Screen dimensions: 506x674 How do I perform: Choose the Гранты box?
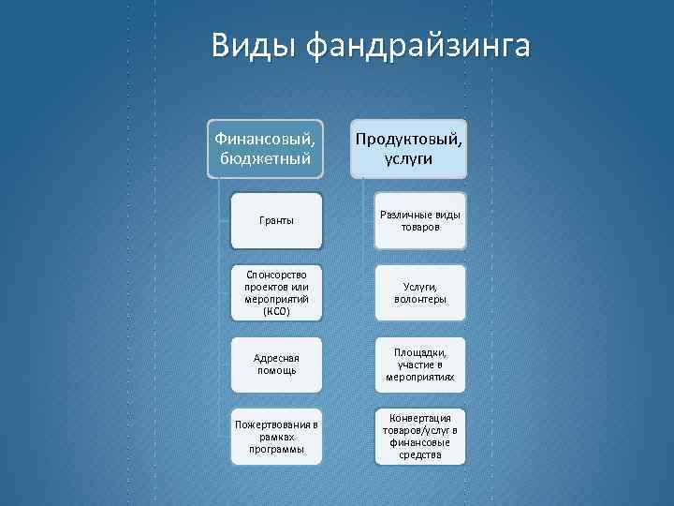(x=276, y=220)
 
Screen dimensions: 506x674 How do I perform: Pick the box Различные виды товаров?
(x=420, y=220)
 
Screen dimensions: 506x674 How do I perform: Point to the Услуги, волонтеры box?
(x=420, y=292)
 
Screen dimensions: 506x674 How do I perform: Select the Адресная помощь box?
(x=276, y=364)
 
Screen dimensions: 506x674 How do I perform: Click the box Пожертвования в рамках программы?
(x=276, y=436)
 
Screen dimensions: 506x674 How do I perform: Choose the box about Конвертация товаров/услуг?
(x=420, y=436)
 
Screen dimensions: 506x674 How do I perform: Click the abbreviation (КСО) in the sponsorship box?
(x=276, y=311)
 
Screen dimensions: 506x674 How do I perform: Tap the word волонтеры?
(x=420, y=299)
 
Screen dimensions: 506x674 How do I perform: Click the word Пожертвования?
(x=271, y=424)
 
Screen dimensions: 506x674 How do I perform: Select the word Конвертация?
(x=420, y=417)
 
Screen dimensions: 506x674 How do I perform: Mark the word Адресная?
(x=276, y=357)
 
